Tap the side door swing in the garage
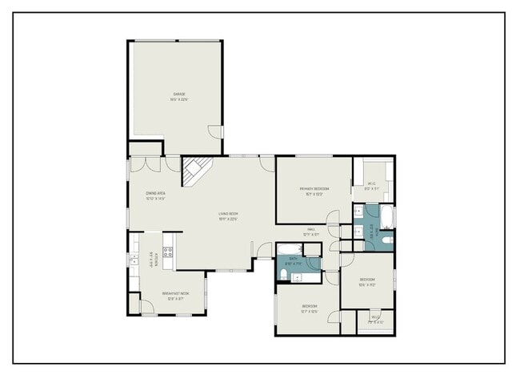(x=214, y=131)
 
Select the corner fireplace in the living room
(x=195, y=171)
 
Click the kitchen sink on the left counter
(x=133, y=259)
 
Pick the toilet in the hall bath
(x=285, y=275)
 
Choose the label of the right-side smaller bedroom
(x=367, y=281)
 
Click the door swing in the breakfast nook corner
(x=136, y=304)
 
